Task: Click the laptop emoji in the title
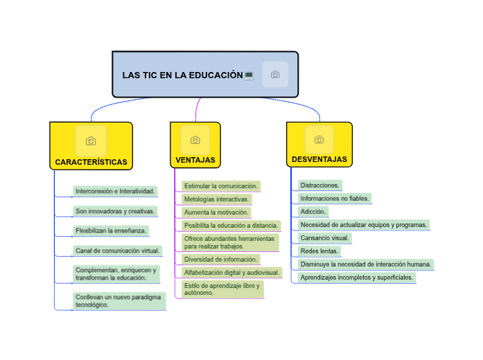pos(249,75)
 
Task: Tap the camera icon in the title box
pos(275,74)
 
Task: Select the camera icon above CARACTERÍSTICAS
pos(91,141)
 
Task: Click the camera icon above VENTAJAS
pos(195,140)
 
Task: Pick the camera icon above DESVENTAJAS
pos(319,140)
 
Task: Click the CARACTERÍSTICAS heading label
pos(91,163)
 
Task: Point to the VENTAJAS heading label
pos(195,160)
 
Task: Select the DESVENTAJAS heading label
pos(319,159)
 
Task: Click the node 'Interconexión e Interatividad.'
pos(115,191)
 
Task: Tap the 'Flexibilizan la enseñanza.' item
pos(111,230)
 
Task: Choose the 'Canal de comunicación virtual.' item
pos(117,250)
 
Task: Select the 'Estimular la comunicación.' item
pos(221,186)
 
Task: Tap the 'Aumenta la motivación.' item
pos(216,212)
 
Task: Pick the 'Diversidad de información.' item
pos(221,259)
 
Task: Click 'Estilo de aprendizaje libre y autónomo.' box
pos(222,289)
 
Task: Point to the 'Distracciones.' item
pos(319,185)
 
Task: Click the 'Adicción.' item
pos(313,211)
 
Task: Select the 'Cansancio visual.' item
pos(324,237)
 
